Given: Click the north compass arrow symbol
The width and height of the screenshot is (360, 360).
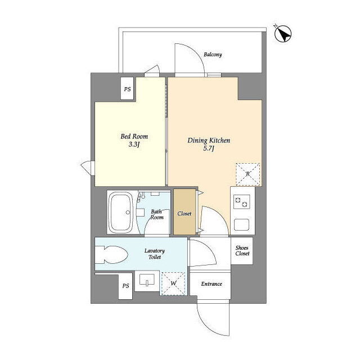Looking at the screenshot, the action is [x=283, y=34].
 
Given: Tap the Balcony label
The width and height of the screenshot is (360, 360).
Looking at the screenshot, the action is [x=213, y=55].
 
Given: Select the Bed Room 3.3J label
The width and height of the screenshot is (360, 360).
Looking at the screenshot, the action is [x=134, y=140].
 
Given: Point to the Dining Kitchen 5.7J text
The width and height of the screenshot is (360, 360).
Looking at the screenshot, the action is [x=209, y=144].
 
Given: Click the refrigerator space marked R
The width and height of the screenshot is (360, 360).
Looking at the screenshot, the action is [x=248, y=174].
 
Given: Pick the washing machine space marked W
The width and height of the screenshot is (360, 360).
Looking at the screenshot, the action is [x=173, y=283].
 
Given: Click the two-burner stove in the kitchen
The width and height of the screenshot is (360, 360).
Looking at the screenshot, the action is [x=241, y=201].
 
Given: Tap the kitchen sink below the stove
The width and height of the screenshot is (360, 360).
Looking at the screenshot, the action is [x=241, y=224].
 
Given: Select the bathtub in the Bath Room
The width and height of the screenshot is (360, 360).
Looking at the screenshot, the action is [x=121, y=213].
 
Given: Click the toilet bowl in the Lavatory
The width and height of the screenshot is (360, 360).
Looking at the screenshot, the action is [x=111, y=255].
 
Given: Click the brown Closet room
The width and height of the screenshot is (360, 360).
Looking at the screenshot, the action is [x=184, y=212].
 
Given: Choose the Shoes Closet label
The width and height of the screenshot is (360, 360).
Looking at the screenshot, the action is [x=242, y=251].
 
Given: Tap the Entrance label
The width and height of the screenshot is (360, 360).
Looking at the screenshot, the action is [x=211, y=284].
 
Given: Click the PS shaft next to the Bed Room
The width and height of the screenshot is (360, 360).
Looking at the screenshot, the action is [x=127, y=89].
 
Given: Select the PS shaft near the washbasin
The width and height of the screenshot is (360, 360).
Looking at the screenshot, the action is [x=125, y=286].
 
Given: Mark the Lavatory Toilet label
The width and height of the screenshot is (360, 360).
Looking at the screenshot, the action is [x=155, y=254].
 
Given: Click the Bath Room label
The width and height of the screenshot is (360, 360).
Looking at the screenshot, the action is [x=157, y=214].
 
